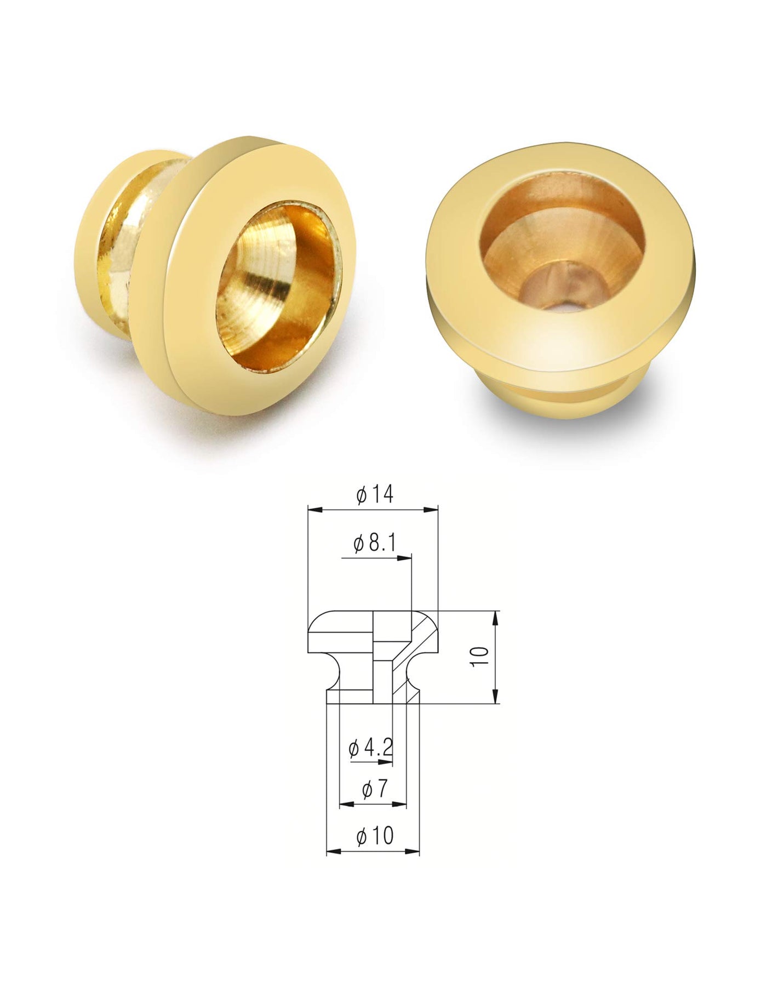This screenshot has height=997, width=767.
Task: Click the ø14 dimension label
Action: [x=375, y=494]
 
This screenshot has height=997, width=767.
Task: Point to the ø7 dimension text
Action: [x=376, y=789]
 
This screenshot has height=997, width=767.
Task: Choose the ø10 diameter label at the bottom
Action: [x=375, y=836]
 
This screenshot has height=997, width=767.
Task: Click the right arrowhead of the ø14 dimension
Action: [x=432, y=510]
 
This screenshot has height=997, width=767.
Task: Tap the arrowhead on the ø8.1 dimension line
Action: [x=404, y=557]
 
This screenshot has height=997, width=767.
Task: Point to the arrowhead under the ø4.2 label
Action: [x=387, y=762]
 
